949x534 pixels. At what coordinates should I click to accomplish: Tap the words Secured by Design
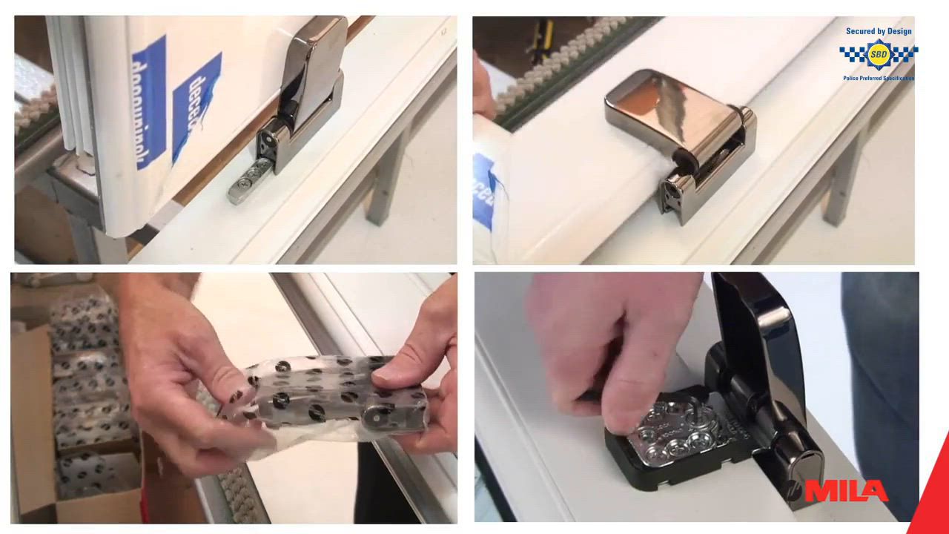879,32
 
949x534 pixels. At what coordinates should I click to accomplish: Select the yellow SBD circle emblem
879,54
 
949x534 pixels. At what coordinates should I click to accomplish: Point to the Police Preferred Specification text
879,78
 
